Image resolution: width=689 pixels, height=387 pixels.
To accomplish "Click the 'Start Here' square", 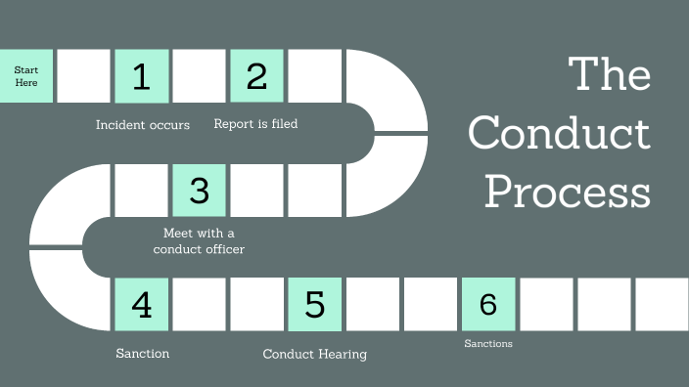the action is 26,76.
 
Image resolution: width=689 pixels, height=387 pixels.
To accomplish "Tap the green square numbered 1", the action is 142,76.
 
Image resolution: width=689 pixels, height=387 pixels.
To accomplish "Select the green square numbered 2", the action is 257,76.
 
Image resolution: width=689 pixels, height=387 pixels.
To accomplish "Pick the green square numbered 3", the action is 200,190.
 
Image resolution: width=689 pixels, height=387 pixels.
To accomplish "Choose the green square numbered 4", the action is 142,304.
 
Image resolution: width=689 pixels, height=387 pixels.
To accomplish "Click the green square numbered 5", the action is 315,304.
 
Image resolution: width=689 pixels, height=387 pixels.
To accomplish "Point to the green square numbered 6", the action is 488,304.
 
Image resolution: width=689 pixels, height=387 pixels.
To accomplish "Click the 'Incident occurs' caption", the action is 143,125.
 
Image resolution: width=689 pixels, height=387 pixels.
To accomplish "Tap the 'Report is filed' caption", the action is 255,124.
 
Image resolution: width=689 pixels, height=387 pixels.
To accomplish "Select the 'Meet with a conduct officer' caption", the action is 199,241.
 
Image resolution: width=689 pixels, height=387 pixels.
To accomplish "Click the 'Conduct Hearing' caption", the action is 315,354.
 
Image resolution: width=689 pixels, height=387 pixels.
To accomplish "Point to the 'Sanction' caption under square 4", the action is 142,353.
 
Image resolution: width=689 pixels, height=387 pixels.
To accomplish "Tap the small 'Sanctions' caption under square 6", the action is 488,344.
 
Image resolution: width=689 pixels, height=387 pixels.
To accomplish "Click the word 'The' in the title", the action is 610,74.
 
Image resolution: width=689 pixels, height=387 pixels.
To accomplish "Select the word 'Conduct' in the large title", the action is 559,134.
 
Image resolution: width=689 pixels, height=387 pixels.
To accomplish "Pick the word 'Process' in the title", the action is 568,192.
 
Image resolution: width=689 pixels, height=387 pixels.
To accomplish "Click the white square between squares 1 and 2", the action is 200,76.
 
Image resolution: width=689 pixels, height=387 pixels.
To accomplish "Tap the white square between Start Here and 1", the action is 84,76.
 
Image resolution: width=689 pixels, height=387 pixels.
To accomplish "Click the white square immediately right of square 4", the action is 200,304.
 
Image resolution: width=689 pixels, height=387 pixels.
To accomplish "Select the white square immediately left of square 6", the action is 431,304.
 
